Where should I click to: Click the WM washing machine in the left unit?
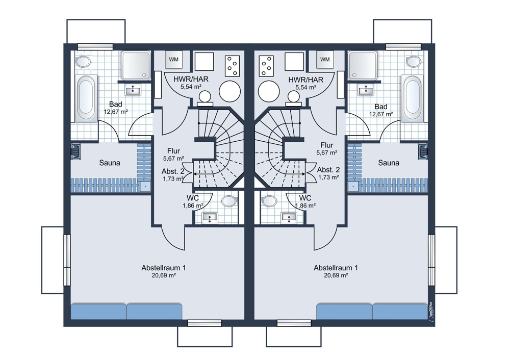[174, 60]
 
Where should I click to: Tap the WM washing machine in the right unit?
[324, 60]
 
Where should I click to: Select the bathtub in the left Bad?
[87, 98]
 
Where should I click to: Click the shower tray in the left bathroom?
[136, 65]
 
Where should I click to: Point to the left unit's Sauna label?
[110, 163]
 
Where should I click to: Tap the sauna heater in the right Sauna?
[423, 151]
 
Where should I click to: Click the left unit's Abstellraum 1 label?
[164, 268]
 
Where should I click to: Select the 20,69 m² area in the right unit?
[336, 275]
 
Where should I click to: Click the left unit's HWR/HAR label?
[191, 79]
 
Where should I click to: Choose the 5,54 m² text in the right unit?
[305, 87]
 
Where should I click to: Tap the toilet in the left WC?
[229, 201]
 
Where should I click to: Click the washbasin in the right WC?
[289, 218]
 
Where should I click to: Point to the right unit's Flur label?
[326, 145]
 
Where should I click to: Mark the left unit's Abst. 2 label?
[173, 171]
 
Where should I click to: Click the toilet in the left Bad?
[83, 61]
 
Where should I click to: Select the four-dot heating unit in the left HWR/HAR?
[232, 65]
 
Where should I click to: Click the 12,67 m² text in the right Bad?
[381, 114]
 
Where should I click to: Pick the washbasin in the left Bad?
[133, 90]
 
